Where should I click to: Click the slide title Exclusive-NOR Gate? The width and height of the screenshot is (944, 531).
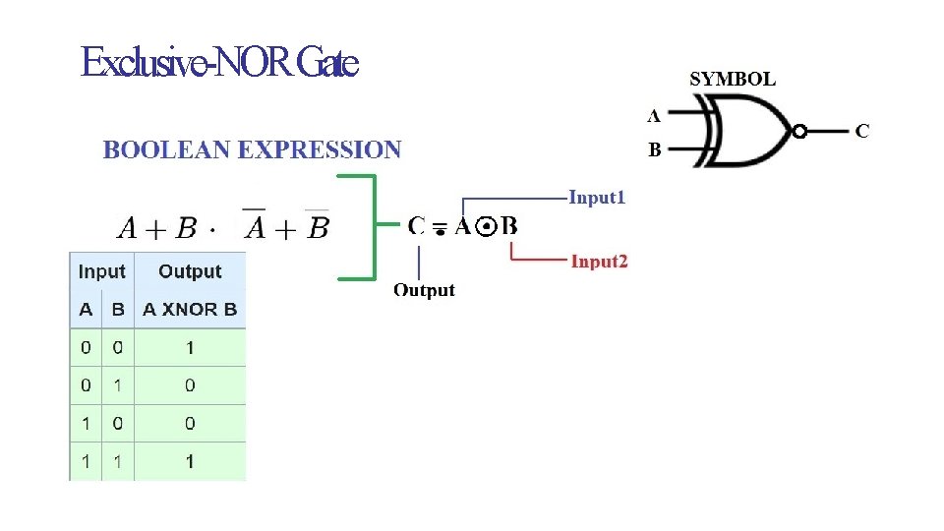[x=219, y=64]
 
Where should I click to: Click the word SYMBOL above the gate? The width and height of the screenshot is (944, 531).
[x=733, y=80]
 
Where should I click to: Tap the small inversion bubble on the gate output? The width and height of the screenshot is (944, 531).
[x=799, y=131]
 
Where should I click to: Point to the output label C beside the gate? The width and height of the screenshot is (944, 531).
[x=861, y=130]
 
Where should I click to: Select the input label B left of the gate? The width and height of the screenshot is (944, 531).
[x=654, y=151]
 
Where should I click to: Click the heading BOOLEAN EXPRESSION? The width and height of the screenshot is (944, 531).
[x=253, y=150]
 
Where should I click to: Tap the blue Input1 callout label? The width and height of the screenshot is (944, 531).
[x=597, y=198]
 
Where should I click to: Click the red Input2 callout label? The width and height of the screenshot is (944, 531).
[x=599, y=261]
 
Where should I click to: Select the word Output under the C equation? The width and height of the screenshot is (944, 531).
[x=424, y=290]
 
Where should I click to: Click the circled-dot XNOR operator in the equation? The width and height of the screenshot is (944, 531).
[x=485, y=228]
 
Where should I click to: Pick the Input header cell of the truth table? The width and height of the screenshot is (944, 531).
[x=101, y=271]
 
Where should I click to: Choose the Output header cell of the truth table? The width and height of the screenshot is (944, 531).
[x=190, y=271]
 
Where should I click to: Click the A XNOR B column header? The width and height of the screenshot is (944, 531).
[x=190, y=309]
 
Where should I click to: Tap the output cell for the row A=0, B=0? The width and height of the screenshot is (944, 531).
[x=190, y=347]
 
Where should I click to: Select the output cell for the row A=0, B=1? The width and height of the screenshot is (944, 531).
[x=190, y=385]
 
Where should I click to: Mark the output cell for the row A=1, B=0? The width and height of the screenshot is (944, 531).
[x=190, y=423]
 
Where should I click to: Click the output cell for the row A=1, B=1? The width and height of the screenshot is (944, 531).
[x=190, y=461]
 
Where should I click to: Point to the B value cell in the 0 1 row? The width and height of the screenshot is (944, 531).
[x=118, y=385]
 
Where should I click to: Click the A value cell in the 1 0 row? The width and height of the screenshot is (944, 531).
[x=86, y=423]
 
